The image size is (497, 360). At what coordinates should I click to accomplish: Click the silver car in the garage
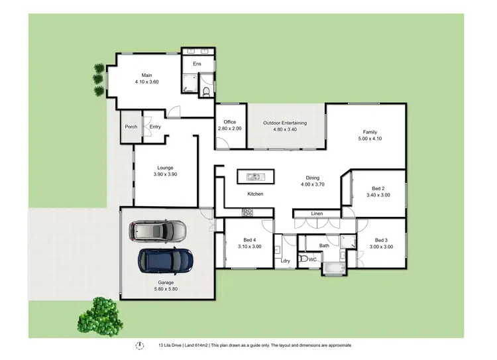[158, 231]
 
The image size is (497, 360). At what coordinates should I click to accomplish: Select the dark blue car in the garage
[166, 261]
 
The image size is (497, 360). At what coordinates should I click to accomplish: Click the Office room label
[230, 122]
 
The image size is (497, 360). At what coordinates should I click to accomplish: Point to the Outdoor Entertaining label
[285, 123]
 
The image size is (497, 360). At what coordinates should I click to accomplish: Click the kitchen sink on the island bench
[254, 176]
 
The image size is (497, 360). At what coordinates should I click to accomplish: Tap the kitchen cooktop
[248, 212]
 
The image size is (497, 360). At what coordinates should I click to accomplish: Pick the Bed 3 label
[380, 240]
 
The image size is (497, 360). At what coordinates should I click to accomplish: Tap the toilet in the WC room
[304, 260]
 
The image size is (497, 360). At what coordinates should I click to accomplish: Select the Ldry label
[286, 261]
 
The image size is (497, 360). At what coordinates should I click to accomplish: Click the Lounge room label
[165, 168]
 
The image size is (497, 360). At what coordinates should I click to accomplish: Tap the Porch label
[131, 127]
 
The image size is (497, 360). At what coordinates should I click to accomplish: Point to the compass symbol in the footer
[139, 345]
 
